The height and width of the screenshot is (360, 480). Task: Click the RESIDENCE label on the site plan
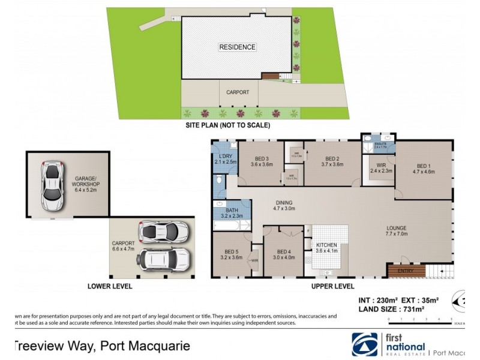pyautogui.click(x=237, y=47)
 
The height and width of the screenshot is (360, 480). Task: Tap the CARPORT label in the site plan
pyautogui.click(x=237, y=93)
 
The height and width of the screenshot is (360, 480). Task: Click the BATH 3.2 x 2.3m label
pyautogui.click(x=232, y=214)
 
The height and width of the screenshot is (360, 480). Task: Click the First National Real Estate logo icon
pyautogui.click(x=365, y=346)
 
